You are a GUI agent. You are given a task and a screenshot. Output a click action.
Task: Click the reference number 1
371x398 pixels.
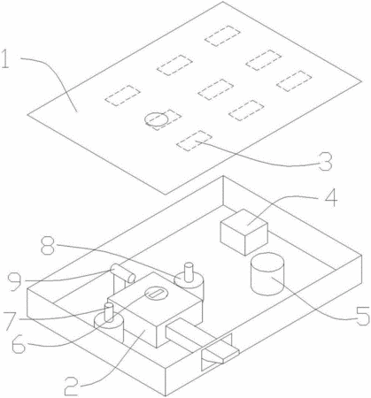(x=5, y=58)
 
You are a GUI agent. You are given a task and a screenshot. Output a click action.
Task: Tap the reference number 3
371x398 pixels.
(x=325, y=162)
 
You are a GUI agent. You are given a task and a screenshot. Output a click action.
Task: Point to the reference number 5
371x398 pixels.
(x=363, y=316)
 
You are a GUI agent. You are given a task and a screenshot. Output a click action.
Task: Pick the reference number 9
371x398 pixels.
(x=15, y=281)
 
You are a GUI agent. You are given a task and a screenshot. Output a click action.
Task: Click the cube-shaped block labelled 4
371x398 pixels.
(x=244, y=232)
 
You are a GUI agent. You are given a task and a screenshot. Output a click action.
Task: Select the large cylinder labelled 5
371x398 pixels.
(x=267, y=274)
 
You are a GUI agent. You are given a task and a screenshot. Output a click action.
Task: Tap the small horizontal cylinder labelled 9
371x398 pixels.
(x=122, y=273)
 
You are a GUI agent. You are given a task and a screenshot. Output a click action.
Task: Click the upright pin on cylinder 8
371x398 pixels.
(x=188, y=272)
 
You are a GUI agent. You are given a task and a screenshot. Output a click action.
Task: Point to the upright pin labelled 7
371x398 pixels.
(x=109, y=313)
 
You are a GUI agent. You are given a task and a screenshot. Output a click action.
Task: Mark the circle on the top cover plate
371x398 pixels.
(x=157, y=119)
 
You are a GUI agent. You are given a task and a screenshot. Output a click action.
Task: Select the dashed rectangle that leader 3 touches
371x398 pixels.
(x=194, y=141)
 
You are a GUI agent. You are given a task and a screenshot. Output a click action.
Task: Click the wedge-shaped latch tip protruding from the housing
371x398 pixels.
(x=221, y=354)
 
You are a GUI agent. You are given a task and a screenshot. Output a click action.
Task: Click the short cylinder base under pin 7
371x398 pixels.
(x=108, y=328)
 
